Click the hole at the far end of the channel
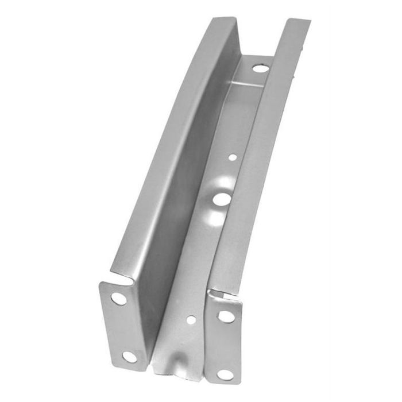[259, 68]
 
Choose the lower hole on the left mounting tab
[130, 357]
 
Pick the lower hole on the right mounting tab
[223, 374]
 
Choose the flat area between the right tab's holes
[225, 346]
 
